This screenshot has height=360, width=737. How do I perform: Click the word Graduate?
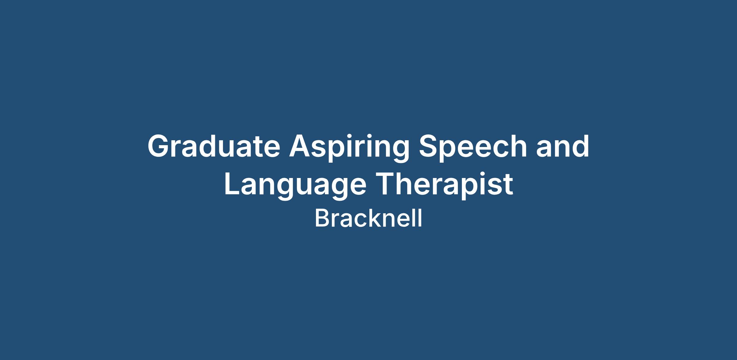pyautogui.click(x=214, y=146)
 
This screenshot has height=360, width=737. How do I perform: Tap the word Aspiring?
pyautogui.click(x=349, y=148)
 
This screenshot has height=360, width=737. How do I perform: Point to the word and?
pyautogui.click(x=563, y=146)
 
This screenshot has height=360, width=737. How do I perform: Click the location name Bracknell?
pyautogui.click(x=368, y=218)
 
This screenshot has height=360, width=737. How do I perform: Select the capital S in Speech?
pyautogui.click(x=429, y=146)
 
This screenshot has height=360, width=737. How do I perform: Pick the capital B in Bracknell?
pyautogui.click(x=322, y=218)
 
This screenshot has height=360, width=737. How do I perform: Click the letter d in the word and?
pyautogui.click(x=580, y=146)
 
